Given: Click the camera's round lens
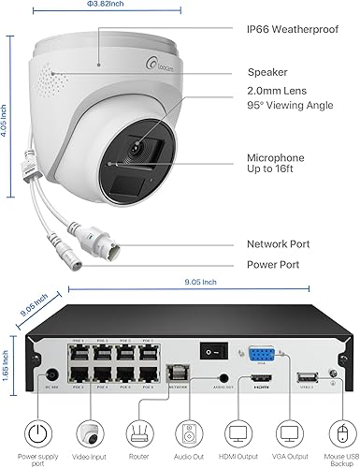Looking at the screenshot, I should [x=137, y=148].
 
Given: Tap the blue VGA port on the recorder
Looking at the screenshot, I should [x=258, y=356].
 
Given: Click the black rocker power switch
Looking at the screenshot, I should [x=214, y=346].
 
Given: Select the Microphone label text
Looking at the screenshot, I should [x=278, y=158].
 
